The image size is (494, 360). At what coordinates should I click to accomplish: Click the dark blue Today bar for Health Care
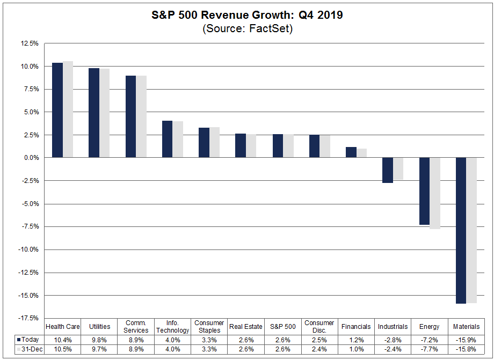point(57,110)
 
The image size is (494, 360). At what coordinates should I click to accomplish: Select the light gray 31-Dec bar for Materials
point(471,230)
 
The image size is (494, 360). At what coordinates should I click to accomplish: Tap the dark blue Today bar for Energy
point(424,191)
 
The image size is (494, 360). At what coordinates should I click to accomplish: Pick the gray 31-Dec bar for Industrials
point(398,168)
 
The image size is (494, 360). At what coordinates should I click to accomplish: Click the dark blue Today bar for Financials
point(351,152)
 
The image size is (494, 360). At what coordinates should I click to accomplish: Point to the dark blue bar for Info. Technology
point(167,139)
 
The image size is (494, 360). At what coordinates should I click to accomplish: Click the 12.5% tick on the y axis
point(30,43)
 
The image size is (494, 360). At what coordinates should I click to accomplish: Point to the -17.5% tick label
point(28,318)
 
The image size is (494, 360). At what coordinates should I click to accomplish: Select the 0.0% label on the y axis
point(31,158)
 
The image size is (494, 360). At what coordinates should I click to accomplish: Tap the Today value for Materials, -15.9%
point(466,340)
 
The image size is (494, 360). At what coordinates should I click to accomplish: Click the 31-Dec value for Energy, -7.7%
point(430,350)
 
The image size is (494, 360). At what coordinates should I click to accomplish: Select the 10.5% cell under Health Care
point(63,350)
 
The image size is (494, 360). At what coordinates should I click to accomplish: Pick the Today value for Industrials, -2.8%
point(393,340)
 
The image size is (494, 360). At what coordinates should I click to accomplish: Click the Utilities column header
point(99,326)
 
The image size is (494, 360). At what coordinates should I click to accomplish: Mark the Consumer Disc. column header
point(319,326)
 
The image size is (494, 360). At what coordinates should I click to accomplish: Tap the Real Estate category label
point(246,326)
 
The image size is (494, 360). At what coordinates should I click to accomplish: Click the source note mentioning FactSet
point(247,29)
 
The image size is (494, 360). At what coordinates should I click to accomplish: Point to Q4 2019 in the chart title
point(319,15)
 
